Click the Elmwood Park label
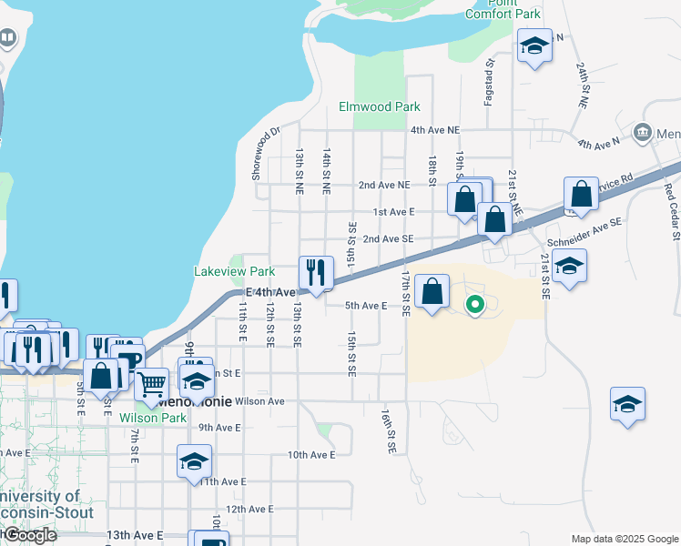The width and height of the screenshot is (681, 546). [380, 106]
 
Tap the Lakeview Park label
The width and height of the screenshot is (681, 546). [235, 271]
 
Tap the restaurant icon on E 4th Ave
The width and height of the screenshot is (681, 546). [316, 273]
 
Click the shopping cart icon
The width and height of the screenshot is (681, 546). [152, 384]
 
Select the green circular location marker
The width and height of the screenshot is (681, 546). [474, 305]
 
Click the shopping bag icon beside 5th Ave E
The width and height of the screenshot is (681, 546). [432, 291]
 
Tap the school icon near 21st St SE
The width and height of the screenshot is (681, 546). [569, 266]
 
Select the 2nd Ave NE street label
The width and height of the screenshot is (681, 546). [384, 185]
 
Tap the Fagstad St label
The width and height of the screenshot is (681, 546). [489, 82]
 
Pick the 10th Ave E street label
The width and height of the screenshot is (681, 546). [311, 454]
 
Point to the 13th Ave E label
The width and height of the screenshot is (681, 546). [135, 535]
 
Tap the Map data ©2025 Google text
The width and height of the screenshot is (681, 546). [625, 539]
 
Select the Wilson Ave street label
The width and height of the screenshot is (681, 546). [259, 400]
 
